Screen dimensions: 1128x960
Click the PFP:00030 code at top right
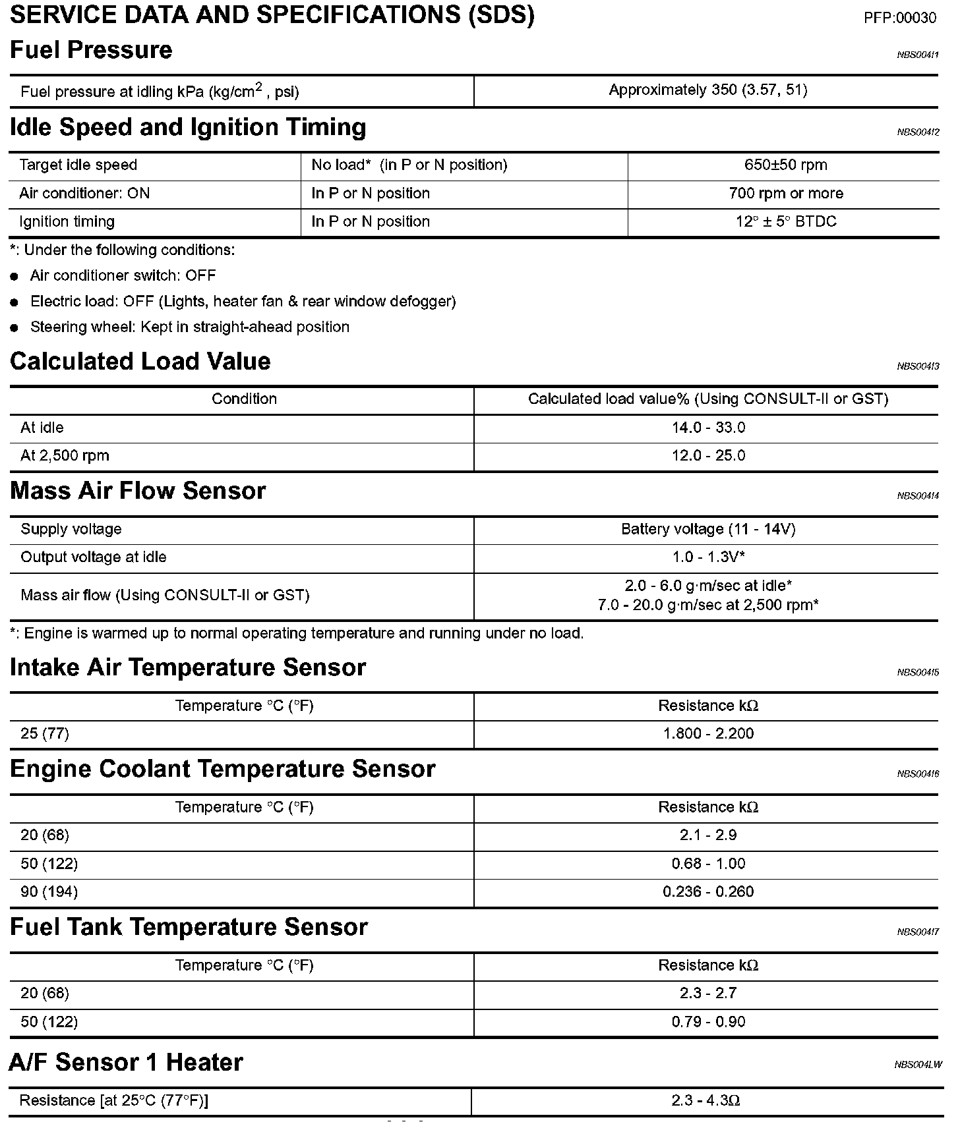pos(899,18)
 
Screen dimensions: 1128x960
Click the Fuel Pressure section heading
pos(91,50)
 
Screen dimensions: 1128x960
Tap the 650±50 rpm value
pos(785,165)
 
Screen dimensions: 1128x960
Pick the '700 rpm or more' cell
pos(785,193)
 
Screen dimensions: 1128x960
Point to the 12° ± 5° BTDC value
pos(785,221)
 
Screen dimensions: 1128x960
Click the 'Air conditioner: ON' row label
pos(84,193)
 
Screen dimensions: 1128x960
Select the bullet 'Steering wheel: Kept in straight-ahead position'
pos(189,327)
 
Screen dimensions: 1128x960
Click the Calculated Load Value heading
pos(140,361)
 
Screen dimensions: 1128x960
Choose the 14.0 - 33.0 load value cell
pos(708,428)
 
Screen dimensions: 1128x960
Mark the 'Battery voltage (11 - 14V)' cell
pos(708,529)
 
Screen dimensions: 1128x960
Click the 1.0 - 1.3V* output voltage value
pos(708,557)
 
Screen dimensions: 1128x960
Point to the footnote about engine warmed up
pos(297,633)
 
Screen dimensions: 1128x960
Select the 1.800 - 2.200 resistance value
pos(708,733)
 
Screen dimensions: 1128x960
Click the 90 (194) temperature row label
pos(49,891)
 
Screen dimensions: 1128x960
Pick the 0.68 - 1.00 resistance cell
pos(708,863)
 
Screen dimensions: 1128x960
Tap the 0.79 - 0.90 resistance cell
pos(708,1021)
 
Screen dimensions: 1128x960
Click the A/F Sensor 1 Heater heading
pos(126,1062)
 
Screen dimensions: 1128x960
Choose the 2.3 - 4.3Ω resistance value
pos(705,1100)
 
